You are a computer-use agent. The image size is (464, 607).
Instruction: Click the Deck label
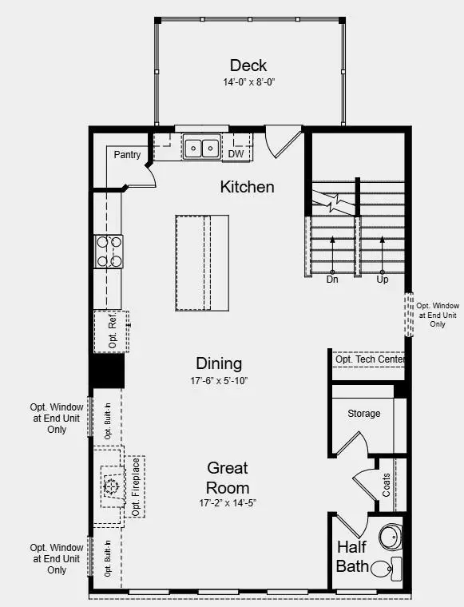[248, 65]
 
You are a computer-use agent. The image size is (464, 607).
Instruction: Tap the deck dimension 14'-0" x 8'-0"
[248, 82]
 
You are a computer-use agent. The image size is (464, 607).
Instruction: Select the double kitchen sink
[201, 148]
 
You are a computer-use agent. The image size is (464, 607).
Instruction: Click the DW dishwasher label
[236, 154]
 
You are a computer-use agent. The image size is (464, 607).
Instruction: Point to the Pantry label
[128, 154]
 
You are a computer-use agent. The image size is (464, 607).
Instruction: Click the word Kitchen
[247, 187]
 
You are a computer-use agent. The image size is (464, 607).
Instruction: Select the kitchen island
[202, 263]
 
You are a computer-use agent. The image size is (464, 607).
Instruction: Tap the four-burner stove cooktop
[109, 250]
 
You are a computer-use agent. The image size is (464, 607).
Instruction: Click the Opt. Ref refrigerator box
[111, 330]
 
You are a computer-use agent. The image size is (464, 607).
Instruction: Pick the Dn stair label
[332, 280]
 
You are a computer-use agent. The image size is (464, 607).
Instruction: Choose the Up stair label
[382, 280]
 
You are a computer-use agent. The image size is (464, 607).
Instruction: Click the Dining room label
[219, 363]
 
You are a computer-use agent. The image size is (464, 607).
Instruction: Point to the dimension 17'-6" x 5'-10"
[219, 381]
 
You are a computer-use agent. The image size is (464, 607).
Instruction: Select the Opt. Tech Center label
[370, 360]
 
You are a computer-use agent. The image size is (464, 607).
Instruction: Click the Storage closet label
[363, 414]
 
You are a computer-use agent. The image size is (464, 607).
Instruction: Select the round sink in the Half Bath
[391, 537]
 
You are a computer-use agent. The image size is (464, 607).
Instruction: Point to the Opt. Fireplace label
[136, 486]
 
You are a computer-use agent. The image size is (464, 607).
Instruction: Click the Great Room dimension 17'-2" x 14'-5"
[228, 504]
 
